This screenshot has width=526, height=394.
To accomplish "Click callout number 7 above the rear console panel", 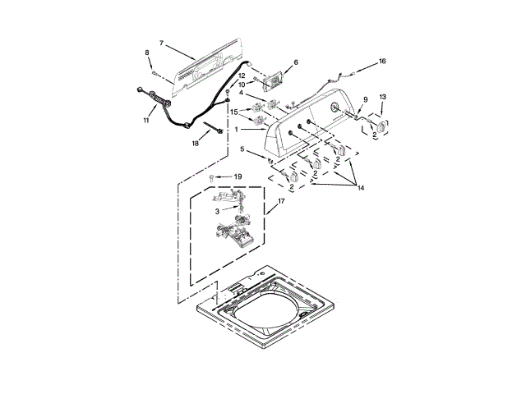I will click(x=161, y=43).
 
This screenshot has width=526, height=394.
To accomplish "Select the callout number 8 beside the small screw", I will click(x=148, y=53).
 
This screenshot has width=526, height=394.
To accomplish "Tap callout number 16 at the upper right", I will click(x=381, y=62).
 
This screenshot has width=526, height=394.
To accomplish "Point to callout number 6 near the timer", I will click(x=296, y=62).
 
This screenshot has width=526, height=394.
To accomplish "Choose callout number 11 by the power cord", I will click(x=146, y=120).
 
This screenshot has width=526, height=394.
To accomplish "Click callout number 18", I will click(x=196, y=143).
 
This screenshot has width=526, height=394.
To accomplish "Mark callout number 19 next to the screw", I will click(x=238, y=176).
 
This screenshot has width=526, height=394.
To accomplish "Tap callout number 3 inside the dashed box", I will click(x=217, y=211).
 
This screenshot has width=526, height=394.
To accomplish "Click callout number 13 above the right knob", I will click(x=381, y=97).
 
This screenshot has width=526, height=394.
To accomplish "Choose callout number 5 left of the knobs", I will click(x=242, y=149).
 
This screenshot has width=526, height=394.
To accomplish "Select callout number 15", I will click(x=233, y=112).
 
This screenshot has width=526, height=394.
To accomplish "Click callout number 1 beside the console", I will click(x=237, y=130).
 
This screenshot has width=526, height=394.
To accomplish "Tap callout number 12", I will click(x=242, y=76).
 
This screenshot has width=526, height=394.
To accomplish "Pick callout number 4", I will click(x=240, y=93).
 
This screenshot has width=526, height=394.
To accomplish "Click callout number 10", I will click(x=242, y=84).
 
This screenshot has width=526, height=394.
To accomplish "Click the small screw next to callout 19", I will click(x=212, y=177).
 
